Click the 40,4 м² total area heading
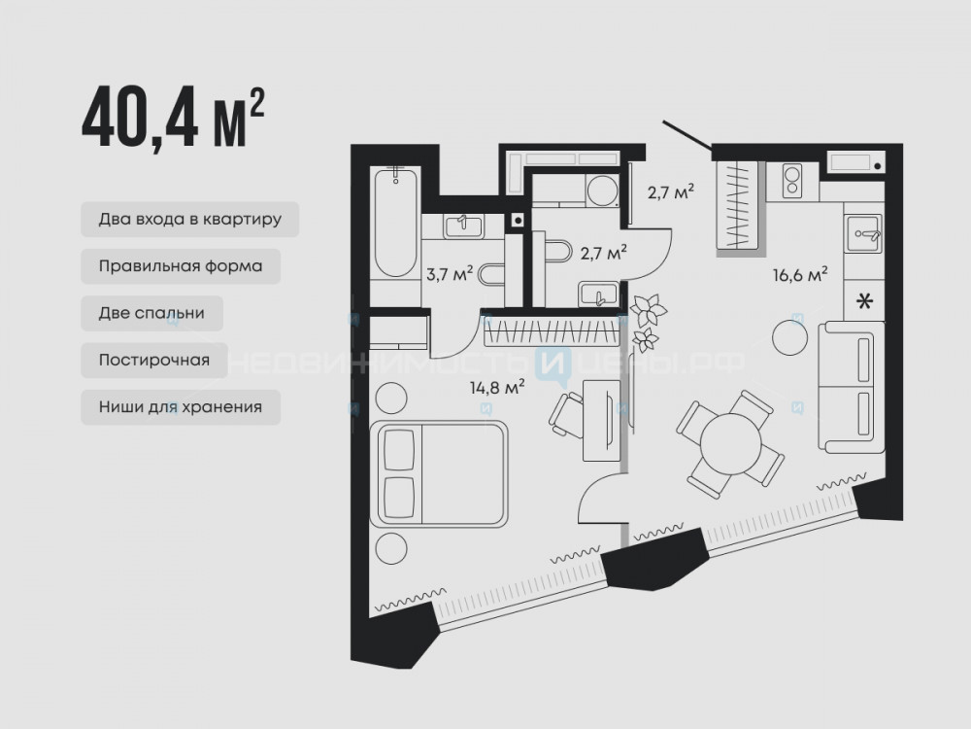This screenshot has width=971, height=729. [174, 118]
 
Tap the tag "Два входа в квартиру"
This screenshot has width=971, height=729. [190, 219]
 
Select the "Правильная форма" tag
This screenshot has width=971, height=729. [181, 266]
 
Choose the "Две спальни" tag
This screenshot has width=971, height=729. [151, 313]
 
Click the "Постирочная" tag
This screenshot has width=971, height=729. [154, 361]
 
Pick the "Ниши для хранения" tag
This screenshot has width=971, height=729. [181, 407]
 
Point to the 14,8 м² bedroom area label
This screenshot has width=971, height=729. [497, 388]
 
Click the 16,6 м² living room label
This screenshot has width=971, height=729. [800, 273]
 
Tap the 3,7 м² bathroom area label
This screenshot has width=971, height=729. [450, 273]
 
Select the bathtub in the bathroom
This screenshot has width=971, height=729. [396, 222]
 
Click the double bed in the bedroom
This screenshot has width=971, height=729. [439, 473]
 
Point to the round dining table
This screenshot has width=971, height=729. [731, 443]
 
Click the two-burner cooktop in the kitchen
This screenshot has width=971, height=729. [792, 181]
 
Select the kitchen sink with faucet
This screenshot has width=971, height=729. [862, 233]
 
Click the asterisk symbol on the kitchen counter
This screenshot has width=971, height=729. [864, 302]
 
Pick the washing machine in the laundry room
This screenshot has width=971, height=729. [602, 191]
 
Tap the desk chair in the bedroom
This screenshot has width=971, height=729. [567, 415]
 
